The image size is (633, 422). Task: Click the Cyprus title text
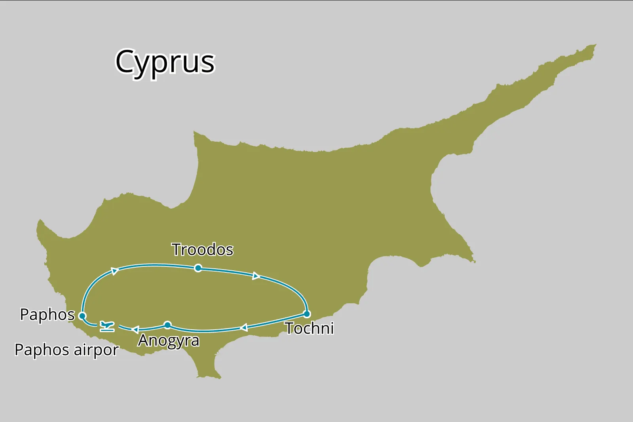point(165,62)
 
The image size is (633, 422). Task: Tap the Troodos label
point(202,250)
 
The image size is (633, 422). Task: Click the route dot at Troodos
point(198,268)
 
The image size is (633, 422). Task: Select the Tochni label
point(309,328)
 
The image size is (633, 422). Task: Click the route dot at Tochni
point(307,314)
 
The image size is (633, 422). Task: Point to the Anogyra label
point(169,340)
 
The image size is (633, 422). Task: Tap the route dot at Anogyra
point(167,325)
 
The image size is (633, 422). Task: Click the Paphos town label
point(47,315)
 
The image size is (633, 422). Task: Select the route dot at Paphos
point(82,316)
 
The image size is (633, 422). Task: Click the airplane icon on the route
point(107,326)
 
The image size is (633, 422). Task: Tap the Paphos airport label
point(66,350)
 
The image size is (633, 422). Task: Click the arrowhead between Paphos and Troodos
point(115,271)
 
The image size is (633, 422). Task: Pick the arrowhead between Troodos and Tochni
point(256,276)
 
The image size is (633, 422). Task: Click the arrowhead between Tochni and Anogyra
point(244,327)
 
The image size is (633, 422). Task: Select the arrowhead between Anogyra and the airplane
point(135,329)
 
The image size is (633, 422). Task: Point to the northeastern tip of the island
point(595,46)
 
